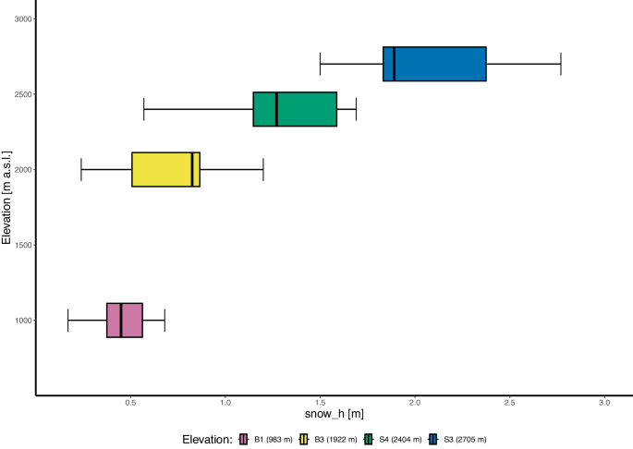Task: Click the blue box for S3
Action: [434, 64]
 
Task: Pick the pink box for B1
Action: [125, 320]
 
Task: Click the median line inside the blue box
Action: [395, 64]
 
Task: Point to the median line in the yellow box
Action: [192, 169]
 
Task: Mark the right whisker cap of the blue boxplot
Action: [561, 64]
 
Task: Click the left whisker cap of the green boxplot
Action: [144, 109]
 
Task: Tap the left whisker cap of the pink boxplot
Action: [68, 320]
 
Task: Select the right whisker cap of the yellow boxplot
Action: [263, 169]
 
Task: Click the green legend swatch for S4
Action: [370, 439]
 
